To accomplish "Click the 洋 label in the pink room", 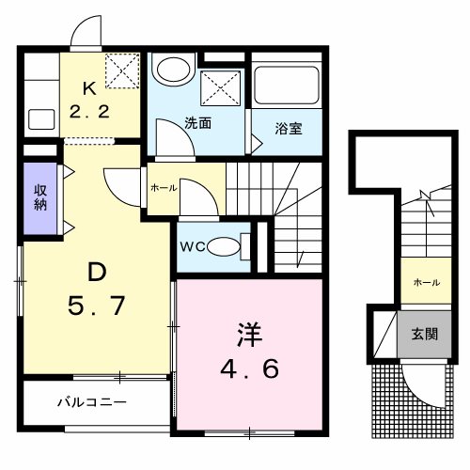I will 247,334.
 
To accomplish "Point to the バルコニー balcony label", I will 91,402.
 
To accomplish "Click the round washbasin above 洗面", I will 172,70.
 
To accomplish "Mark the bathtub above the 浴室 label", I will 287,86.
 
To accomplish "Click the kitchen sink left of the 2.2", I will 41,119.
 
